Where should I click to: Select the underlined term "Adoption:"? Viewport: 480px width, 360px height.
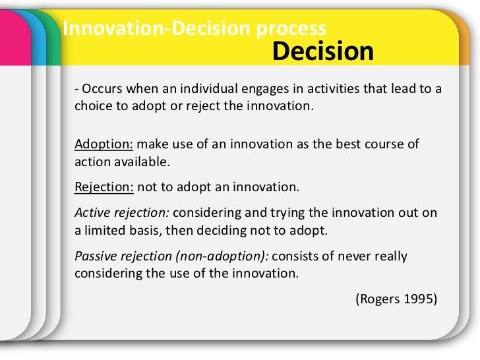[x=104, y=144]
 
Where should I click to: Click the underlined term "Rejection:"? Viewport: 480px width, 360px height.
[x=104, y=187]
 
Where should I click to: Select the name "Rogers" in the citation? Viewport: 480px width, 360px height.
[x=378, y=298]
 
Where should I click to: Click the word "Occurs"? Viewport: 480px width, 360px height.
[x=99, y=90]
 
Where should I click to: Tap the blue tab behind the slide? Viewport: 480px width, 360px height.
[x=39, y=40]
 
